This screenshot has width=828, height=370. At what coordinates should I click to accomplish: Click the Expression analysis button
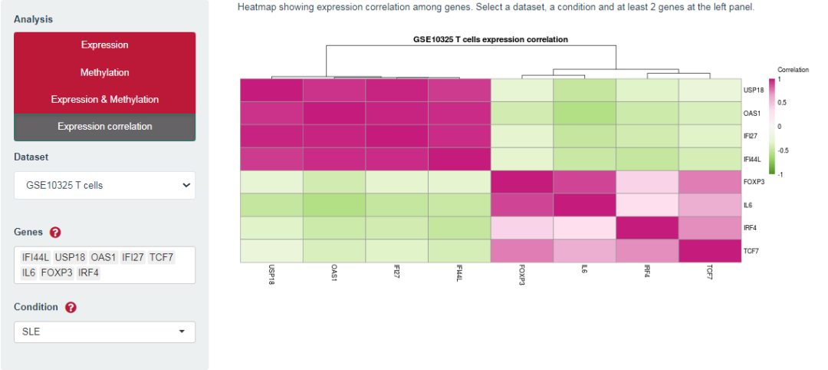tap(104, 45)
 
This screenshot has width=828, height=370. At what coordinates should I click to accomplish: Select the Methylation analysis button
tap(104, 72)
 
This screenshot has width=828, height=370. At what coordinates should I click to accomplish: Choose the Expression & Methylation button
tap(104, 100)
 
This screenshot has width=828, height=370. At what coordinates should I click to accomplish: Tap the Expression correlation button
tap(104, 127)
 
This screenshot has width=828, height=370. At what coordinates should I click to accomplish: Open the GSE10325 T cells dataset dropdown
tap(104, 185)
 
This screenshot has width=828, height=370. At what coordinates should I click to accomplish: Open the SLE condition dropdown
tap(104, 332)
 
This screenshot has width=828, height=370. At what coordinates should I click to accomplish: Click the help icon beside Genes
tap(55, 233)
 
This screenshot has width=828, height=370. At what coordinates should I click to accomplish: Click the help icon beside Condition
tap(71, 307)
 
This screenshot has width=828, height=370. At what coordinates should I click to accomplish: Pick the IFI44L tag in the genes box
tap(36, 258)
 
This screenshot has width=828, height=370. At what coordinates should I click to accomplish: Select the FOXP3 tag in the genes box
tap(56, 273)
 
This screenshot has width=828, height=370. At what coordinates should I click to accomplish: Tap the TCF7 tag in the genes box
tap(162, 258)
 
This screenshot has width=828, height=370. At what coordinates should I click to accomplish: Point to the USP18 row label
tap(751, 90)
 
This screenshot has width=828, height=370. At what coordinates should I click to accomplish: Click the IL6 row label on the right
tap(748, 205)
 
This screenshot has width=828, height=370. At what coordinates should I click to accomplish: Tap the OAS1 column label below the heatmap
tap(333, 275)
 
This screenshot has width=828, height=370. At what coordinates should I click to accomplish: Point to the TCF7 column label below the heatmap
tap(709, 275)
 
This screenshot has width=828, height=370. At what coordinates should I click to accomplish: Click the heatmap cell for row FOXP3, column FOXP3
tap(521, 182)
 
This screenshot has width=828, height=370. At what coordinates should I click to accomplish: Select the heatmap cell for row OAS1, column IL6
tap(584, 113)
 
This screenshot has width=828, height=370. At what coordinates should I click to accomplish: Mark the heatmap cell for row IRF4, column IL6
tap(584, 228)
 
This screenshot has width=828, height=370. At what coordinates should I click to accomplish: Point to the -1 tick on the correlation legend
tap(780, 174)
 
